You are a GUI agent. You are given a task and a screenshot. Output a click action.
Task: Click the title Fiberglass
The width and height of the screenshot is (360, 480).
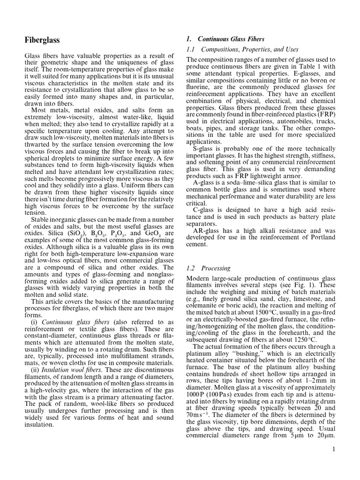pos(42,40)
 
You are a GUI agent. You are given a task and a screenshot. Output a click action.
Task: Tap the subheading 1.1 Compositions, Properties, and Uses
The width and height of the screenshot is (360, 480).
pos(242,49)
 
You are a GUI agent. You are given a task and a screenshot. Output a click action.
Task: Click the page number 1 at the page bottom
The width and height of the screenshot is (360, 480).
pos(333,450)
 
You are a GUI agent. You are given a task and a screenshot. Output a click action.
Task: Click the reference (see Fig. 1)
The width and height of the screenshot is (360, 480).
pos(302,285)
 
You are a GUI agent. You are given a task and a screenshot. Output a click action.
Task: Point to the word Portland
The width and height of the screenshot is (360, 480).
pos(322,237)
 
